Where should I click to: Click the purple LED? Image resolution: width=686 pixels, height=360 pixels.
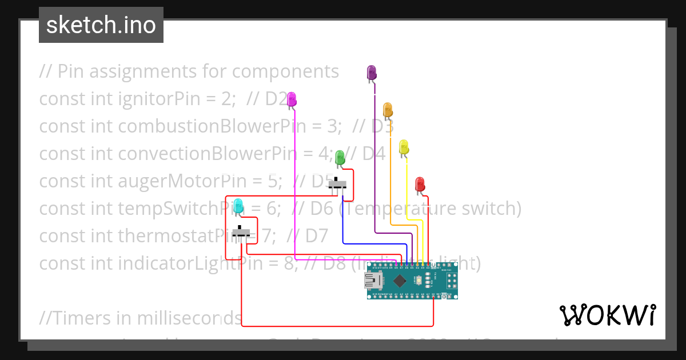[372, 73]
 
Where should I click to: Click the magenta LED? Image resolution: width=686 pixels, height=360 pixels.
[292, 99]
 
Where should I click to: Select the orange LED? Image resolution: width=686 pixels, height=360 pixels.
[388, 109]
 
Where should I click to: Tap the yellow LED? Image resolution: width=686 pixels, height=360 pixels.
[404, 146]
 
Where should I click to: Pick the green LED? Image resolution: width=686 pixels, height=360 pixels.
[340, 158]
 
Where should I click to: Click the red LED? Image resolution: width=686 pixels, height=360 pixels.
[420, 184]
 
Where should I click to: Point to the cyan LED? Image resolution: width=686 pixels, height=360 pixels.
[238, 205]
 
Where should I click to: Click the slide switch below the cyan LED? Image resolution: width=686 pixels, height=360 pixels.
[244, 234]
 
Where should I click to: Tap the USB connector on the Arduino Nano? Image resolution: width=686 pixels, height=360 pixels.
[374, 280]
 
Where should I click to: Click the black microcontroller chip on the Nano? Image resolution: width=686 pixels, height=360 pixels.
[400, 280]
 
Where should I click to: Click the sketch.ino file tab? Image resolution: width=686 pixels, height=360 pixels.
[101, 25]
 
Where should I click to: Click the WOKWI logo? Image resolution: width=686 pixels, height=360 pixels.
[607, 315]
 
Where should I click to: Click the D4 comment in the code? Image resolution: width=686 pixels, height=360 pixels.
[374, 154]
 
